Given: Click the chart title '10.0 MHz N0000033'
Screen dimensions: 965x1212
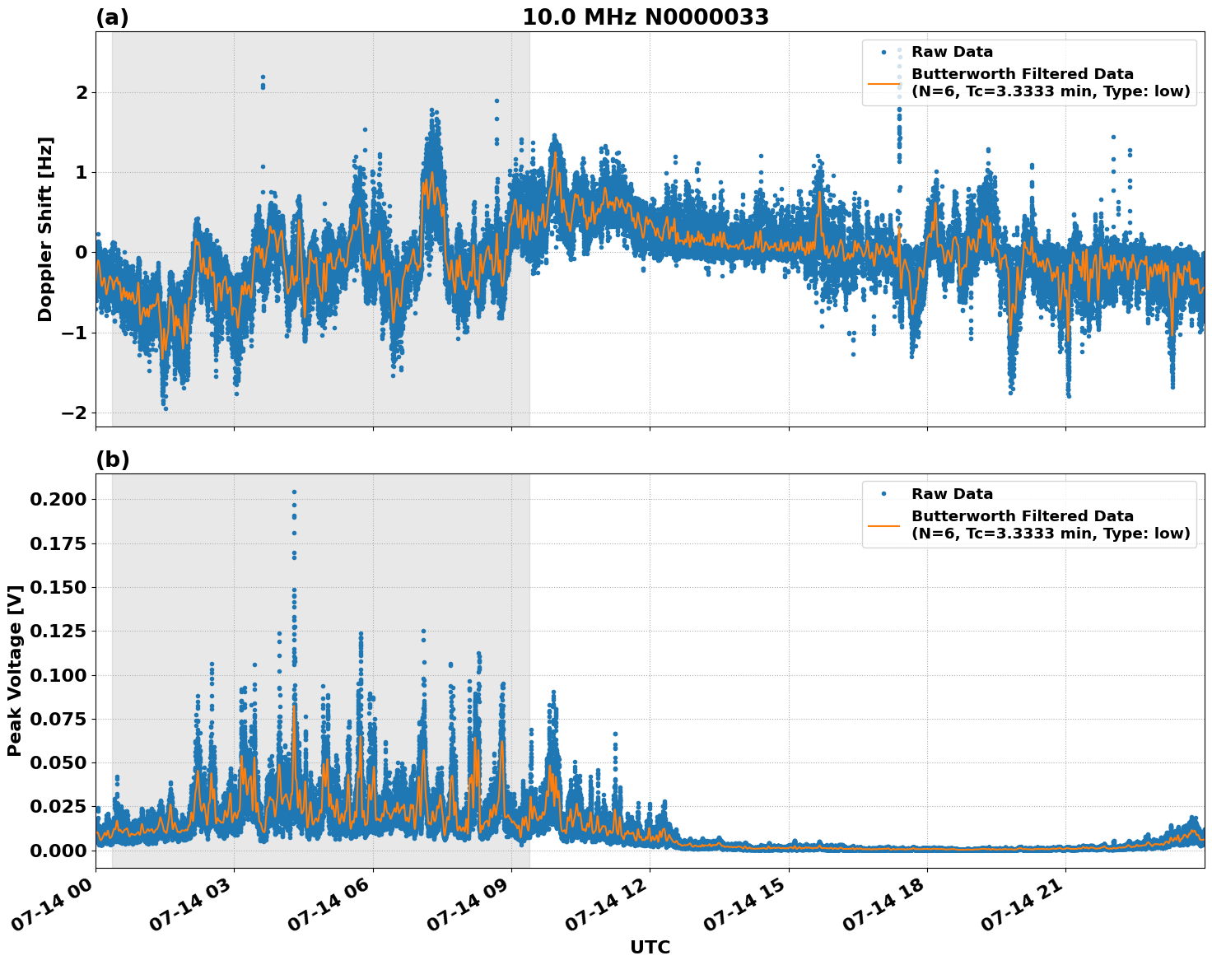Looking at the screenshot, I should [x=645, y=17].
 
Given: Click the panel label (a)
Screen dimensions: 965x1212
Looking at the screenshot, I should [x=112, y=17].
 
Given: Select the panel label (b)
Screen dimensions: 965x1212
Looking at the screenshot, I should [x=112, y=459].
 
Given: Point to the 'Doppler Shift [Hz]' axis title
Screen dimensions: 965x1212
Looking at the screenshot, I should [x=45, y=229].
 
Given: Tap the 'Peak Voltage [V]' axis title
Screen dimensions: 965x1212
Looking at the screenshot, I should [x=15, y=671].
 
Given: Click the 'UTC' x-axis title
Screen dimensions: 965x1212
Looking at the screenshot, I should [x=650, y=948].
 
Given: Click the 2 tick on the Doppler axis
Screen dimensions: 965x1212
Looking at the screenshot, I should [x=82, y=92].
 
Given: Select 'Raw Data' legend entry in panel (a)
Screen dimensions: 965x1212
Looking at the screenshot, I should [x=952, y=53].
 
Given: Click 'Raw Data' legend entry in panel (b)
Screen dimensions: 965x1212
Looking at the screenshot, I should [x=952, y=494].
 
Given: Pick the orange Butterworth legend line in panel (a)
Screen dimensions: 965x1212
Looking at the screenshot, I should [x=884, y=83].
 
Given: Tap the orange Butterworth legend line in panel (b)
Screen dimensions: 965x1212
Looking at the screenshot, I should [x=884, y=524].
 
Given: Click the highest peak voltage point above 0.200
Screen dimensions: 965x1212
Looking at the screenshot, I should [x=294, y=492].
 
